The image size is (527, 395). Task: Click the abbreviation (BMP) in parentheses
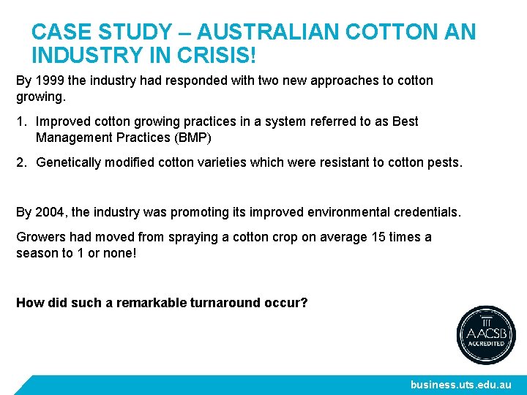click(188, 137)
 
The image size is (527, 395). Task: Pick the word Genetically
click(68, 162)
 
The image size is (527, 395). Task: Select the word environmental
click(351, 212)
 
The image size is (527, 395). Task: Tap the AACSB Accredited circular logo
click(486, 335)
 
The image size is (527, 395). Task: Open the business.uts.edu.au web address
click(460, 384)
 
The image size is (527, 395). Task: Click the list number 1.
click(21, 121)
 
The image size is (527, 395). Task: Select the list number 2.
click(21, 162)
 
